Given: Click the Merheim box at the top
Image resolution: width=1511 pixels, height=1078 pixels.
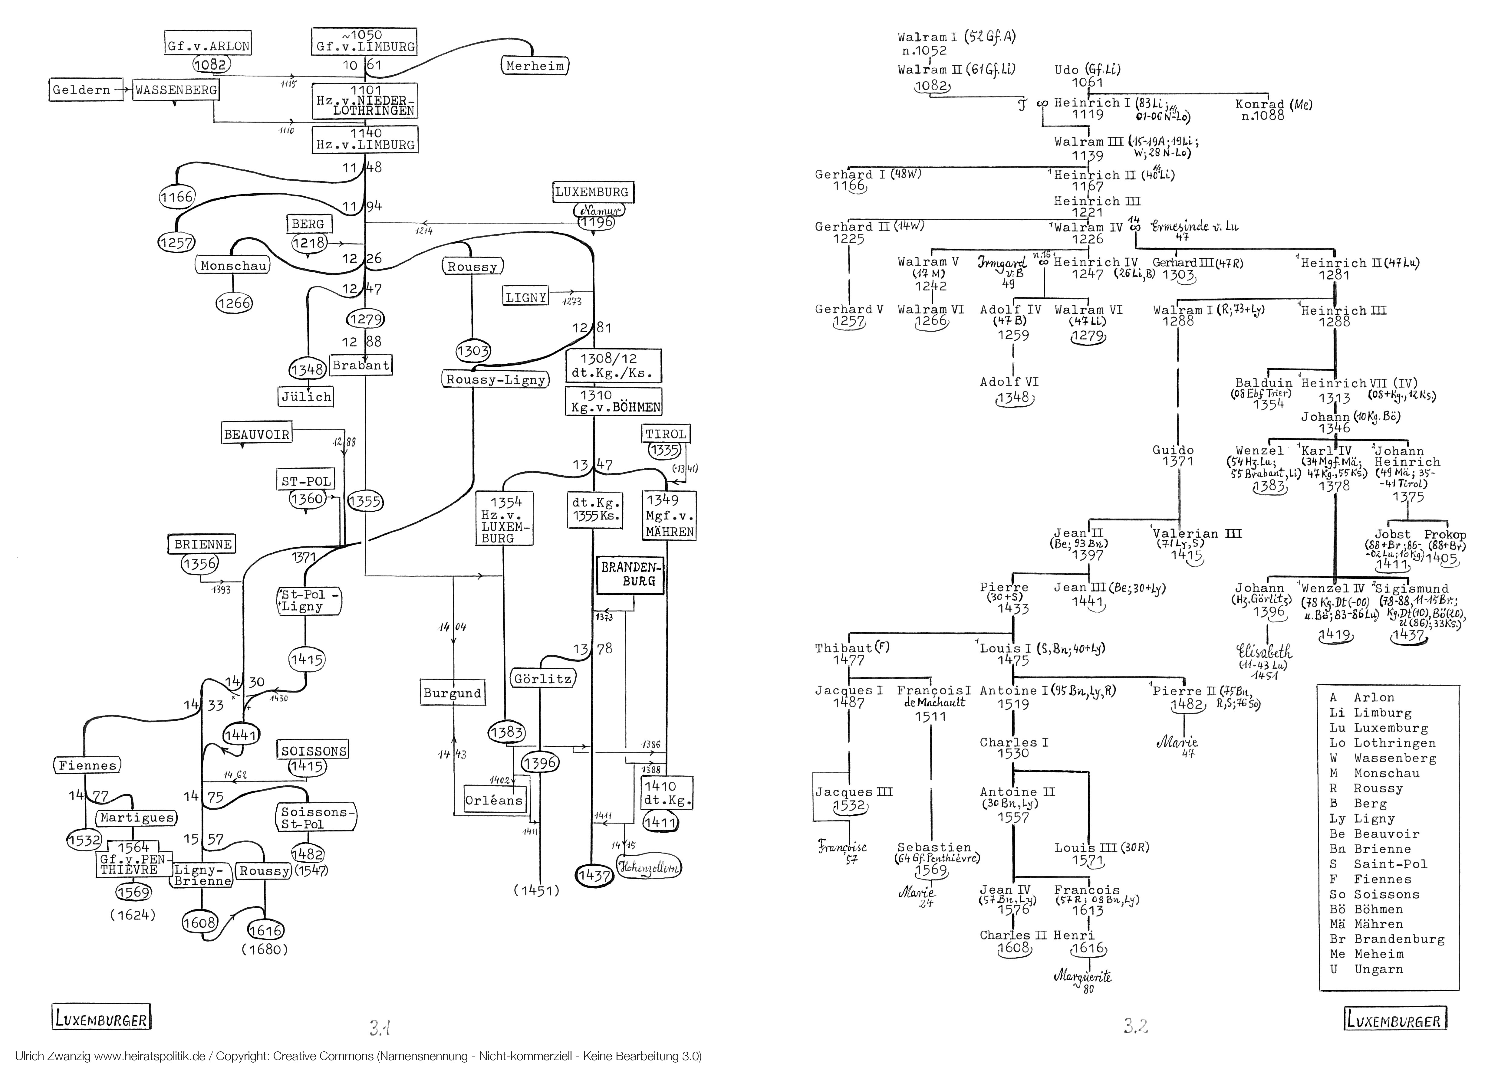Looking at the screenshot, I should click(535, 66).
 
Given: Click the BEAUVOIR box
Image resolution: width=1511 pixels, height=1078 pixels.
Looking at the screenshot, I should click(257, 435).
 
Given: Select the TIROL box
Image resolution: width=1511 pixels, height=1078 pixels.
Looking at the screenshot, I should click(666, 434).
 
